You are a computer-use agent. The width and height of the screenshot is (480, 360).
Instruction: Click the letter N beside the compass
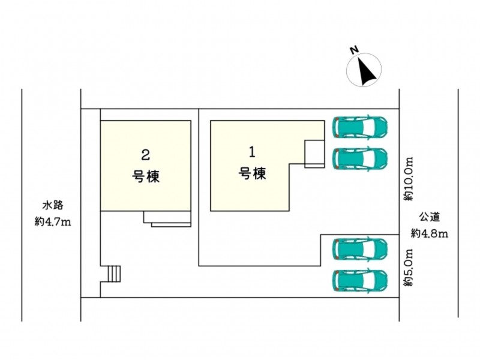pos(355,50)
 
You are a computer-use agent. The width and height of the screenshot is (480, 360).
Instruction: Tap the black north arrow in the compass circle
pos(366,72)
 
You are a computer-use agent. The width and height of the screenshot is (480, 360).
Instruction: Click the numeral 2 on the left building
pos(145,155)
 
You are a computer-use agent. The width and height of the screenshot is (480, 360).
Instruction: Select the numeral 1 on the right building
pos(252,152)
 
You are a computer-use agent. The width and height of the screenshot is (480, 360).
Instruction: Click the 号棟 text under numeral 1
pos(252,173)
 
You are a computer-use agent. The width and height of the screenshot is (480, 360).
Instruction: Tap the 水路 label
pos(53,205)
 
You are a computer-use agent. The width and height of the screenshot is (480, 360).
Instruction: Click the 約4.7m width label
pos(53,221)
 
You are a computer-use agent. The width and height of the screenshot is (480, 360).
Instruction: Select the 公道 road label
pos(429,217)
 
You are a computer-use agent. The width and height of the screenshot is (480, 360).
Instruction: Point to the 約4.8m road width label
pos(429,234)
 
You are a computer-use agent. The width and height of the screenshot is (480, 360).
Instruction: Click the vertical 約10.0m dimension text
pos(409,179)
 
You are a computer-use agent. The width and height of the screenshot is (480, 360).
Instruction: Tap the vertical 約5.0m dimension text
pos(409,268)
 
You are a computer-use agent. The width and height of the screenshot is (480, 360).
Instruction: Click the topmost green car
pos(360,127)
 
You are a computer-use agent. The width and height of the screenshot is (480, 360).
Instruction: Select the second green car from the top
pos(360,158)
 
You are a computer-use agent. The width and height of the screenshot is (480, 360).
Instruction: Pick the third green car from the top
pos(360,248)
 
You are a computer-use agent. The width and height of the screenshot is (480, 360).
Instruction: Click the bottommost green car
pos(360,280)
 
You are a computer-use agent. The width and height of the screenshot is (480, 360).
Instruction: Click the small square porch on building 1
pos(314,154)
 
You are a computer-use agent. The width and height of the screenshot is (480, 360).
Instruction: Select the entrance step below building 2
pos(167,219)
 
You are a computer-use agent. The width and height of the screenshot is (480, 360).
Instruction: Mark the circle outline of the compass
pos(347,70)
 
